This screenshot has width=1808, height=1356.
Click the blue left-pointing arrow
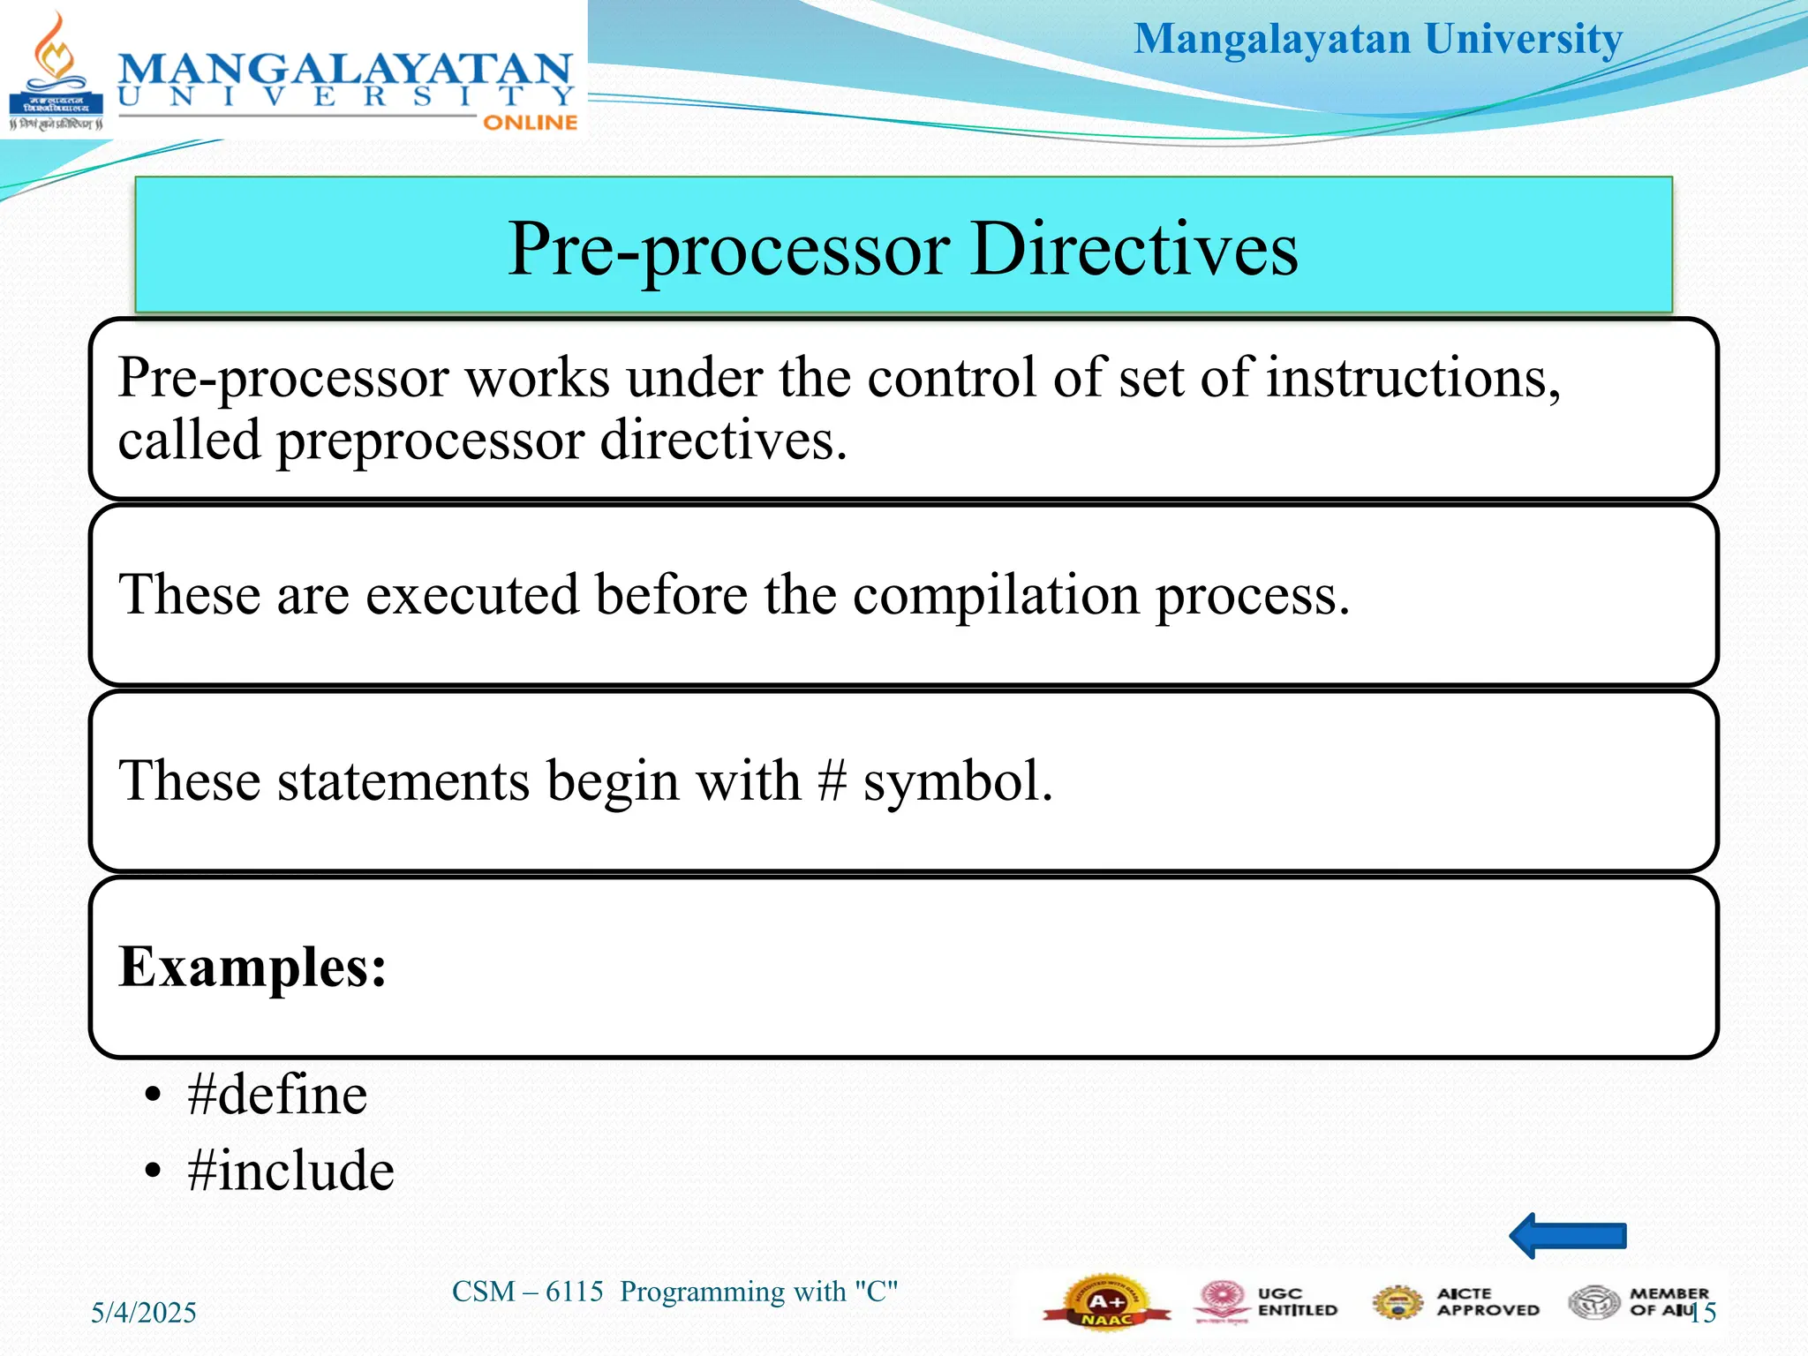[x=1567, y=1235]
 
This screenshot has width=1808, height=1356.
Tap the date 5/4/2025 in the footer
[x=144, y=1312]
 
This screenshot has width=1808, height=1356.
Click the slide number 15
[x=1704, y=1313]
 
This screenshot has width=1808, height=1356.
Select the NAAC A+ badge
[x=1106, y=1302]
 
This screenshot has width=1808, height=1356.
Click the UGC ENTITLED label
[x=1296, y=1301]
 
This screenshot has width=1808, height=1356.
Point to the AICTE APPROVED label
[x=1487, y=1301]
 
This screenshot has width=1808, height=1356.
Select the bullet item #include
[x=290, y=1171]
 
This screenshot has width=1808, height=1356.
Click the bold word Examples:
[x=252, y=967]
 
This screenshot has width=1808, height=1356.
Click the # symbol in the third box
[x=832, y=781]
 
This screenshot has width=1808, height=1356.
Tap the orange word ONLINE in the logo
[x=530, y=123]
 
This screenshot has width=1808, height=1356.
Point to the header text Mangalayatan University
[x=1377, y=40]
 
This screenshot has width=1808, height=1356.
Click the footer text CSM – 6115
[x=527, y=1292]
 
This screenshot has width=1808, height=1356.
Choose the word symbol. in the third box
[x=958, y=781]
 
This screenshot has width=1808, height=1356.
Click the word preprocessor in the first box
[x=430, y=441]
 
